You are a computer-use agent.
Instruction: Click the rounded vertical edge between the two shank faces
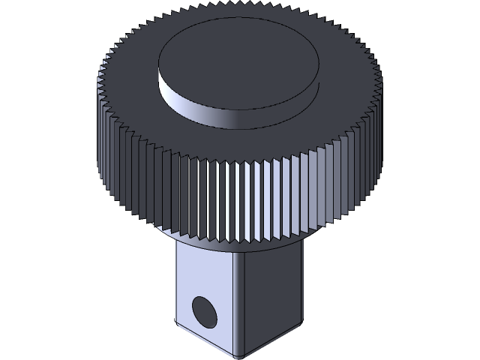point(241,300)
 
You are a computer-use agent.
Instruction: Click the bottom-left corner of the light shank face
point(177,324)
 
